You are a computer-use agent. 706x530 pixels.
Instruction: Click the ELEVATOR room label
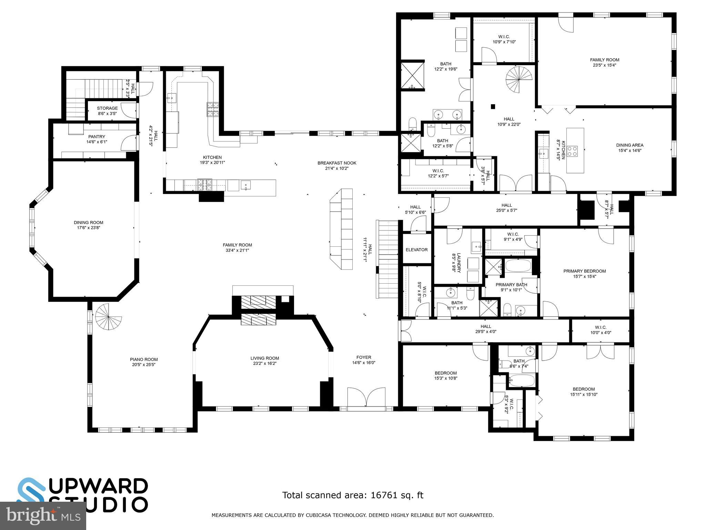(x=416, y=250)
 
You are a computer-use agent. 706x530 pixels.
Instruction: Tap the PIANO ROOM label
(x=144, y=359)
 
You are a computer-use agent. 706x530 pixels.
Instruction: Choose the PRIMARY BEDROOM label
(x=584, y=271)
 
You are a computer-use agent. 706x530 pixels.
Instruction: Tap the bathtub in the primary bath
(x=518, y=266)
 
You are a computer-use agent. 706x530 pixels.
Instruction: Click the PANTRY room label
(x=97, y=137)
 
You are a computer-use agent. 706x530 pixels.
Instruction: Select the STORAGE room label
(x=107, y=108)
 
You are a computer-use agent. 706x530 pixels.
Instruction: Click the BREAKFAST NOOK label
(x=337, y=163)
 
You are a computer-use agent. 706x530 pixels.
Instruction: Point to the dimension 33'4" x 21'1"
(x=237, y=251)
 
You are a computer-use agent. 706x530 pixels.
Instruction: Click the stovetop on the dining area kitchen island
(x=573, y=151)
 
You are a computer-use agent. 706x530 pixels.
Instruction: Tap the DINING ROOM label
(x=89, y=223)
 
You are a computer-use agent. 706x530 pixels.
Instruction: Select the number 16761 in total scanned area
(x=383, y=495)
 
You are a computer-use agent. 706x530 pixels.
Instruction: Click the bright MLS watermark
(x=43, y=516)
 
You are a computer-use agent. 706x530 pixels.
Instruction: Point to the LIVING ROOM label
(x=265, y=358)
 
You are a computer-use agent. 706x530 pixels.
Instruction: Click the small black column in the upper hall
(x=493, y=107)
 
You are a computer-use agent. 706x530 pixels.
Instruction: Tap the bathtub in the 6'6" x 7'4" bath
(x=522, y=381)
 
